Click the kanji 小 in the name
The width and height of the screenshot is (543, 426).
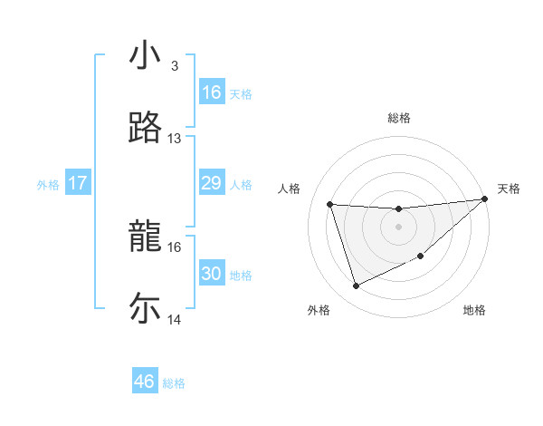145,55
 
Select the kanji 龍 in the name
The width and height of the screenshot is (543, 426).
145,237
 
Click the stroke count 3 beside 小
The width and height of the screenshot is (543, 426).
174,66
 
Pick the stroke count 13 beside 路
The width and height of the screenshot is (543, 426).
175,139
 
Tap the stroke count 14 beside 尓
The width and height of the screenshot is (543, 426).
175,320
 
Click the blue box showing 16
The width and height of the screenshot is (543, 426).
212,92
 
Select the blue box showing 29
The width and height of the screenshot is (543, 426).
212,183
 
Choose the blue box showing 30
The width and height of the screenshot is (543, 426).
212,274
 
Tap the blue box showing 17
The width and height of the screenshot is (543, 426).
78,183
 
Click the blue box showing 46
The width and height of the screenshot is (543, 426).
145,382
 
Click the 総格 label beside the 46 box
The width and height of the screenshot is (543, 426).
174,383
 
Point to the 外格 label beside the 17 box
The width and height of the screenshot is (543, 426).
48,185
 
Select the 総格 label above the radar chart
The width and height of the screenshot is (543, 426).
399,118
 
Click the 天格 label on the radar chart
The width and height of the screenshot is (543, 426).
509,189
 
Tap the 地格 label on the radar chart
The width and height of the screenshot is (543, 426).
474,310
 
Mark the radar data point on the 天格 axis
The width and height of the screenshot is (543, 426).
484,199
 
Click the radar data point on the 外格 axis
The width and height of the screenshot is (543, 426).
356,286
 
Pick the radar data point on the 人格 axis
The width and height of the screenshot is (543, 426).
330,204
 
